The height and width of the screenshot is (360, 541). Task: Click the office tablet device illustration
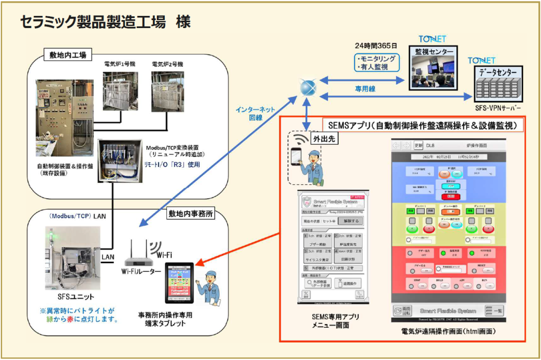coord(179,283)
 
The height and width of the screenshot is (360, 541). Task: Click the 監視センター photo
coord(433,72)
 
